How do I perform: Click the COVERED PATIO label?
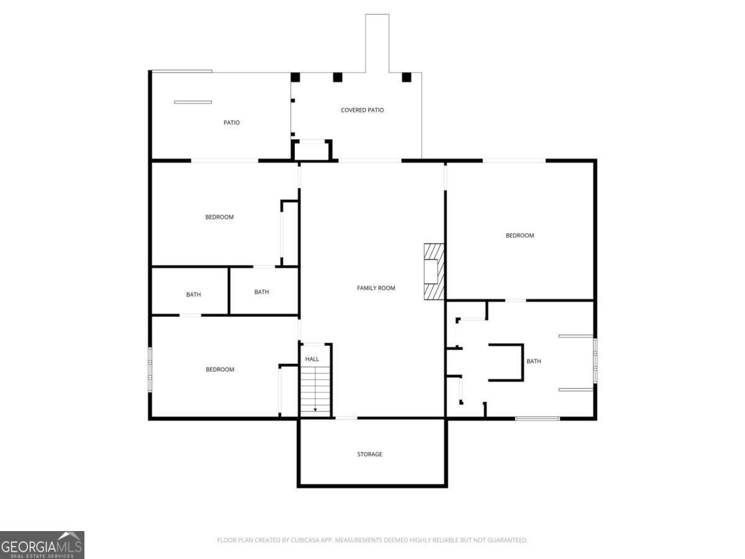click(x=362, y=110)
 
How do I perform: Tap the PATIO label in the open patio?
click(x=232, y=122)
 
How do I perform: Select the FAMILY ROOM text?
click(x=376, y=288)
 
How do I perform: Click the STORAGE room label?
click(x=369, y=454)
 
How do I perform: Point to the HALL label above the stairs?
click(x=312, y=359)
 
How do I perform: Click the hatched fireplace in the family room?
click(x=434, y=271)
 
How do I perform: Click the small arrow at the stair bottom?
click(x=315, y=410)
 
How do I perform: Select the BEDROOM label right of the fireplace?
click(x=520, y=235)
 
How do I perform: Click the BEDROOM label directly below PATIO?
click(x=219, y=217)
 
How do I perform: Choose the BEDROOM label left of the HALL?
click(x=220, y=370)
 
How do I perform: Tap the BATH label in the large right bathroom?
click(x=533, y=361)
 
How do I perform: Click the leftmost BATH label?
click(x=194, y=294)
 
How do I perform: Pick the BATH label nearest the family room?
click(x=261, y=291)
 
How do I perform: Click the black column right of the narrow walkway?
click(x=407, y=77)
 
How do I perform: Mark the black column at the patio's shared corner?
click(x=296, y=77)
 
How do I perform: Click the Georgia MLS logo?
click(x=42, y=545)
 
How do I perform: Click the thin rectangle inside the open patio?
click(x=193, y=102)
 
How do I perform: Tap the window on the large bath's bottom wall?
click(x=537, y=419)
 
